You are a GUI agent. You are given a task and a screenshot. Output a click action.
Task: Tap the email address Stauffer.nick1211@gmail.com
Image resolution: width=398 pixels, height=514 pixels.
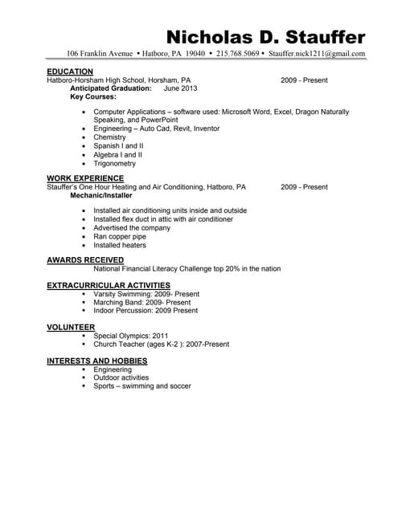coord(317,54)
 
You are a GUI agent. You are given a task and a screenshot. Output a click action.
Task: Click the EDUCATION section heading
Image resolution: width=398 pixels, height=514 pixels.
coord(70,71)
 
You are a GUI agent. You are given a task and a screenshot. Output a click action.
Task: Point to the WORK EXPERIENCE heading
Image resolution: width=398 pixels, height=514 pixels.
coord(85,177)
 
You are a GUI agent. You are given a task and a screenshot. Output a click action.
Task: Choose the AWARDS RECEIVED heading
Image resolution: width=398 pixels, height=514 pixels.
coord(85,260)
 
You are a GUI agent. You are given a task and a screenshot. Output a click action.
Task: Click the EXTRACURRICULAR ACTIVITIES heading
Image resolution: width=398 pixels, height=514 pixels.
coord(109,285)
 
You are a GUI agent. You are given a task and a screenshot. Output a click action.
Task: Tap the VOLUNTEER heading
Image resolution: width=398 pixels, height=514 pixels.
coord(71,327)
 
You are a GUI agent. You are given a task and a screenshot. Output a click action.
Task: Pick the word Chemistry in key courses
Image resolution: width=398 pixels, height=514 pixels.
coord(109,137)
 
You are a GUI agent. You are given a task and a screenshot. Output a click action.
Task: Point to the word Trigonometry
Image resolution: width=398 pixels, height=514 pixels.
coord(114,163)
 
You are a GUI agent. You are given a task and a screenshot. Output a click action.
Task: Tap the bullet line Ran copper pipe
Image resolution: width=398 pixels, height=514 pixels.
coord(119,237)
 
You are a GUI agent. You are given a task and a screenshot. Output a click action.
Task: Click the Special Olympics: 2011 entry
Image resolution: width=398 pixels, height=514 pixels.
coord(131,336)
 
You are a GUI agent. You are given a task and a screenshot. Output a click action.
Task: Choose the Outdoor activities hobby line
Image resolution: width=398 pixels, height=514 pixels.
coord(121,377)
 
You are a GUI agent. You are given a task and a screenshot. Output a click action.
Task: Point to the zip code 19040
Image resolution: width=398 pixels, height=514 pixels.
coord(195,54)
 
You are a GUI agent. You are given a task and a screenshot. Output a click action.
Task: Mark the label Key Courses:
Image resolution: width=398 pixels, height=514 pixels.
coord(93,96)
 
